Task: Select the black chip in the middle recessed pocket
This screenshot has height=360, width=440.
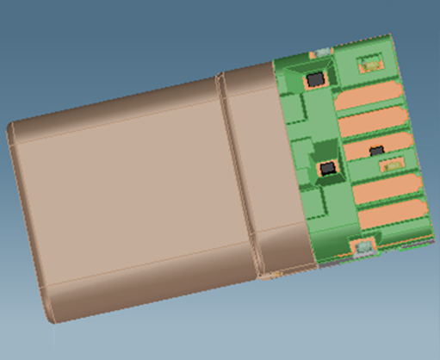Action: pyautogui.click(x=328, y=168)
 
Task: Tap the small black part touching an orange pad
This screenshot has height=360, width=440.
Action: pyautogui.click(x=377, y=151)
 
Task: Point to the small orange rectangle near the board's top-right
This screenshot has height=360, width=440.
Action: pyautogui.click(x=371, y=62)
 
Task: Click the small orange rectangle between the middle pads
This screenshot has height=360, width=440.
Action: pyautogui.click(x=393, y=162)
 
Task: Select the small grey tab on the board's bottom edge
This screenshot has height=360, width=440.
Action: pyautogui.click(x=365, y=248)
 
